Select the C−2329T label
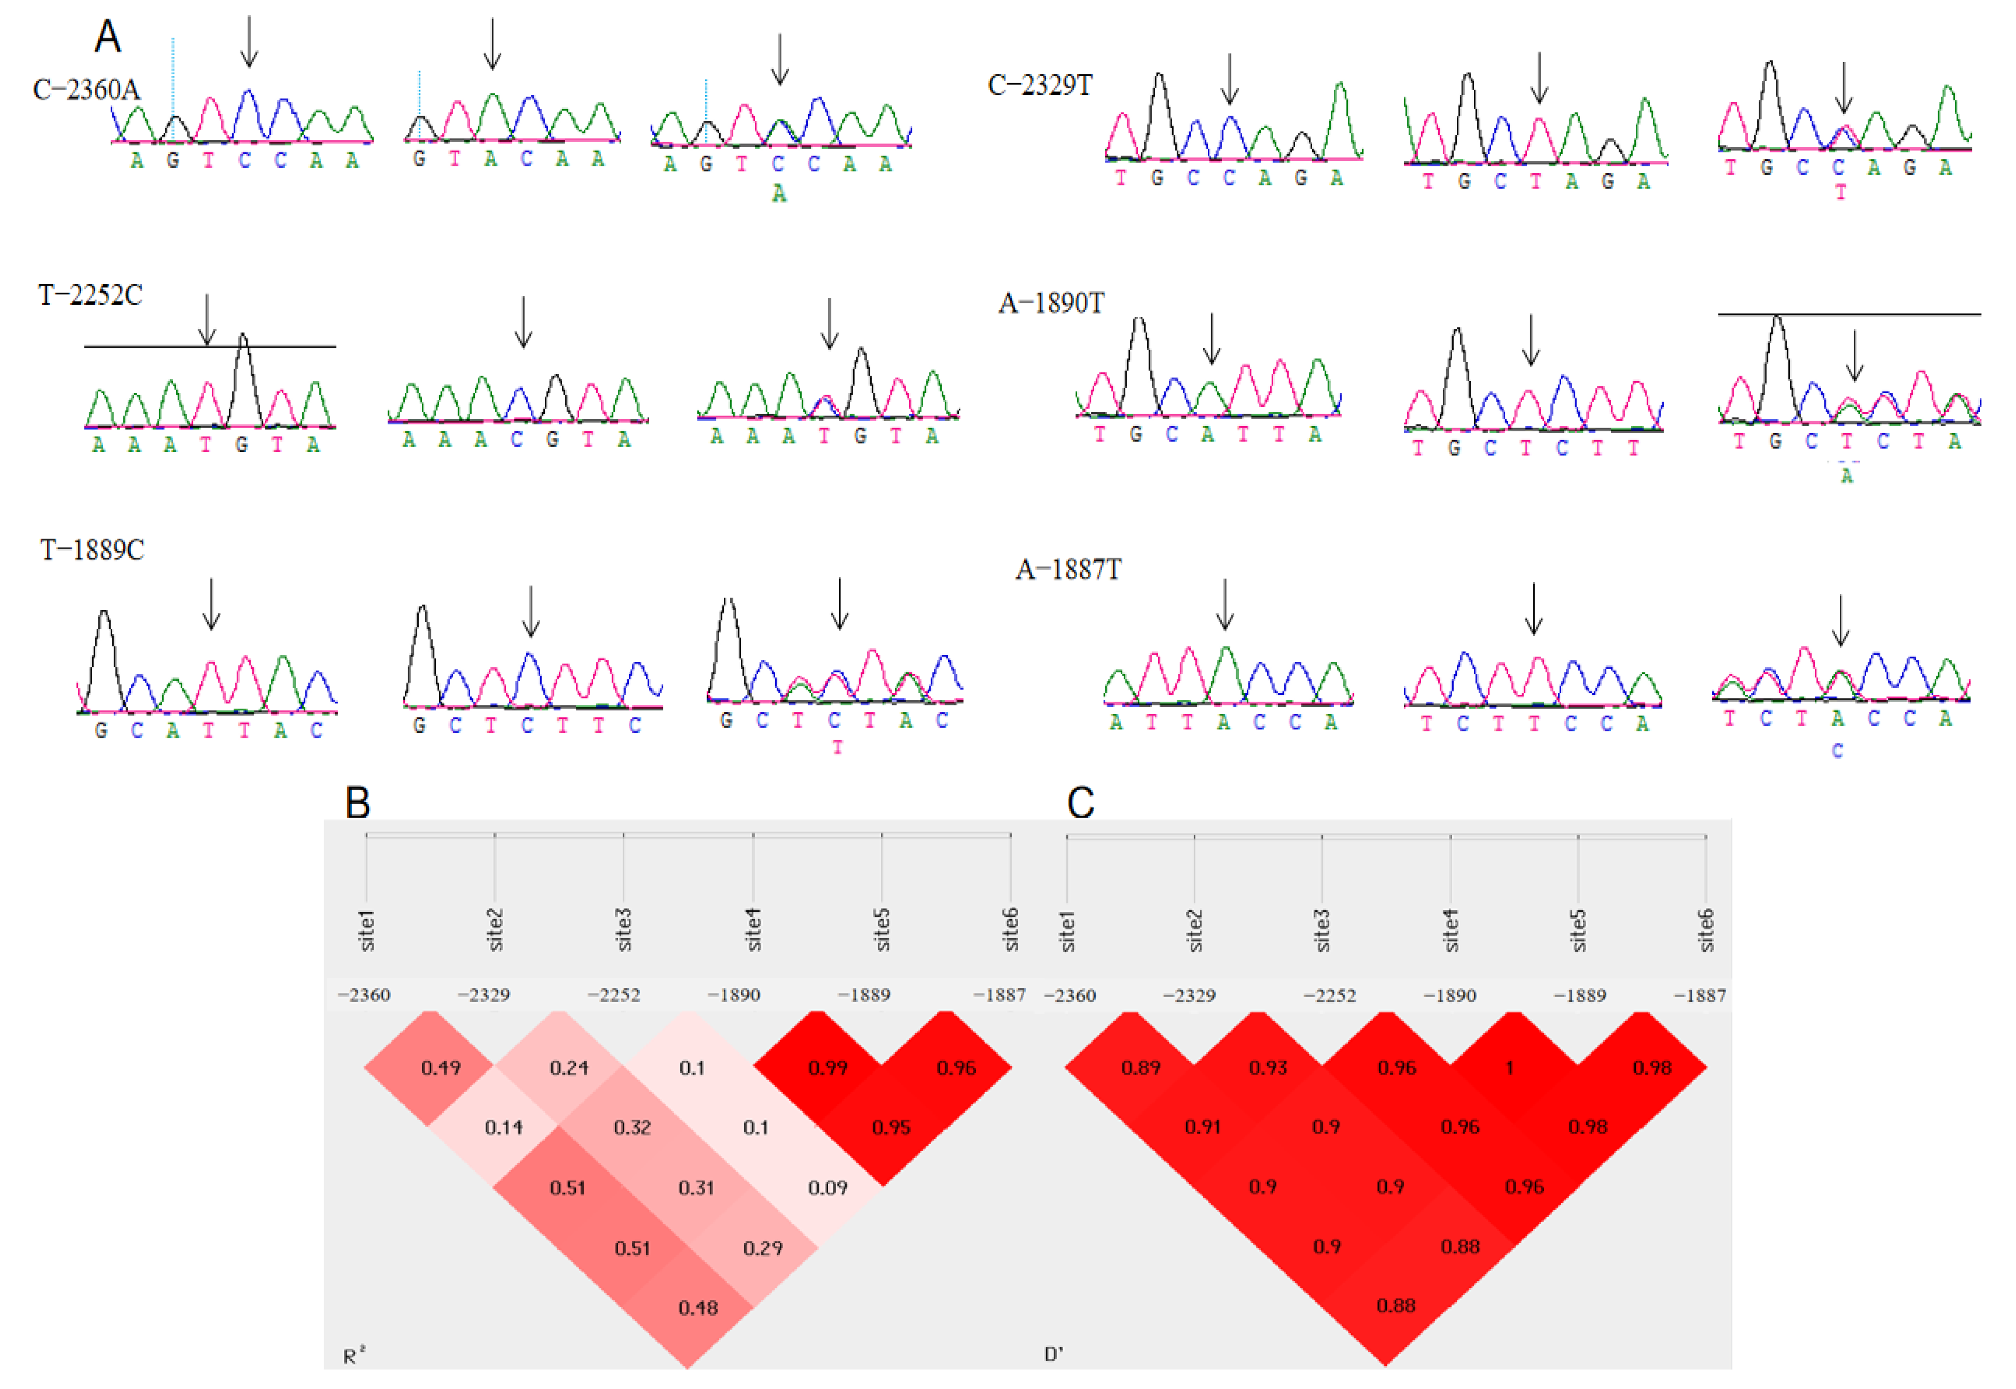1039,85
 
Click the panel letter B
357,802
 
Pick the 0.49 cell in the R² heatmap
440,1068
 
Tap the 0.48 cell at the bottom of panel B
698,1307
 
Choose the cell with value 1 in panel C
1510,1068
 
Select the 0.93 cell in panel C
1268,1068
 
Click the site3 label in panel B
623,928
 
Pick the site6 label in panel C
1705,928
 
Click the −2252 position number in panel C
1329,996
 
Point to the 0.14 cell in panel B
504,1128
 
